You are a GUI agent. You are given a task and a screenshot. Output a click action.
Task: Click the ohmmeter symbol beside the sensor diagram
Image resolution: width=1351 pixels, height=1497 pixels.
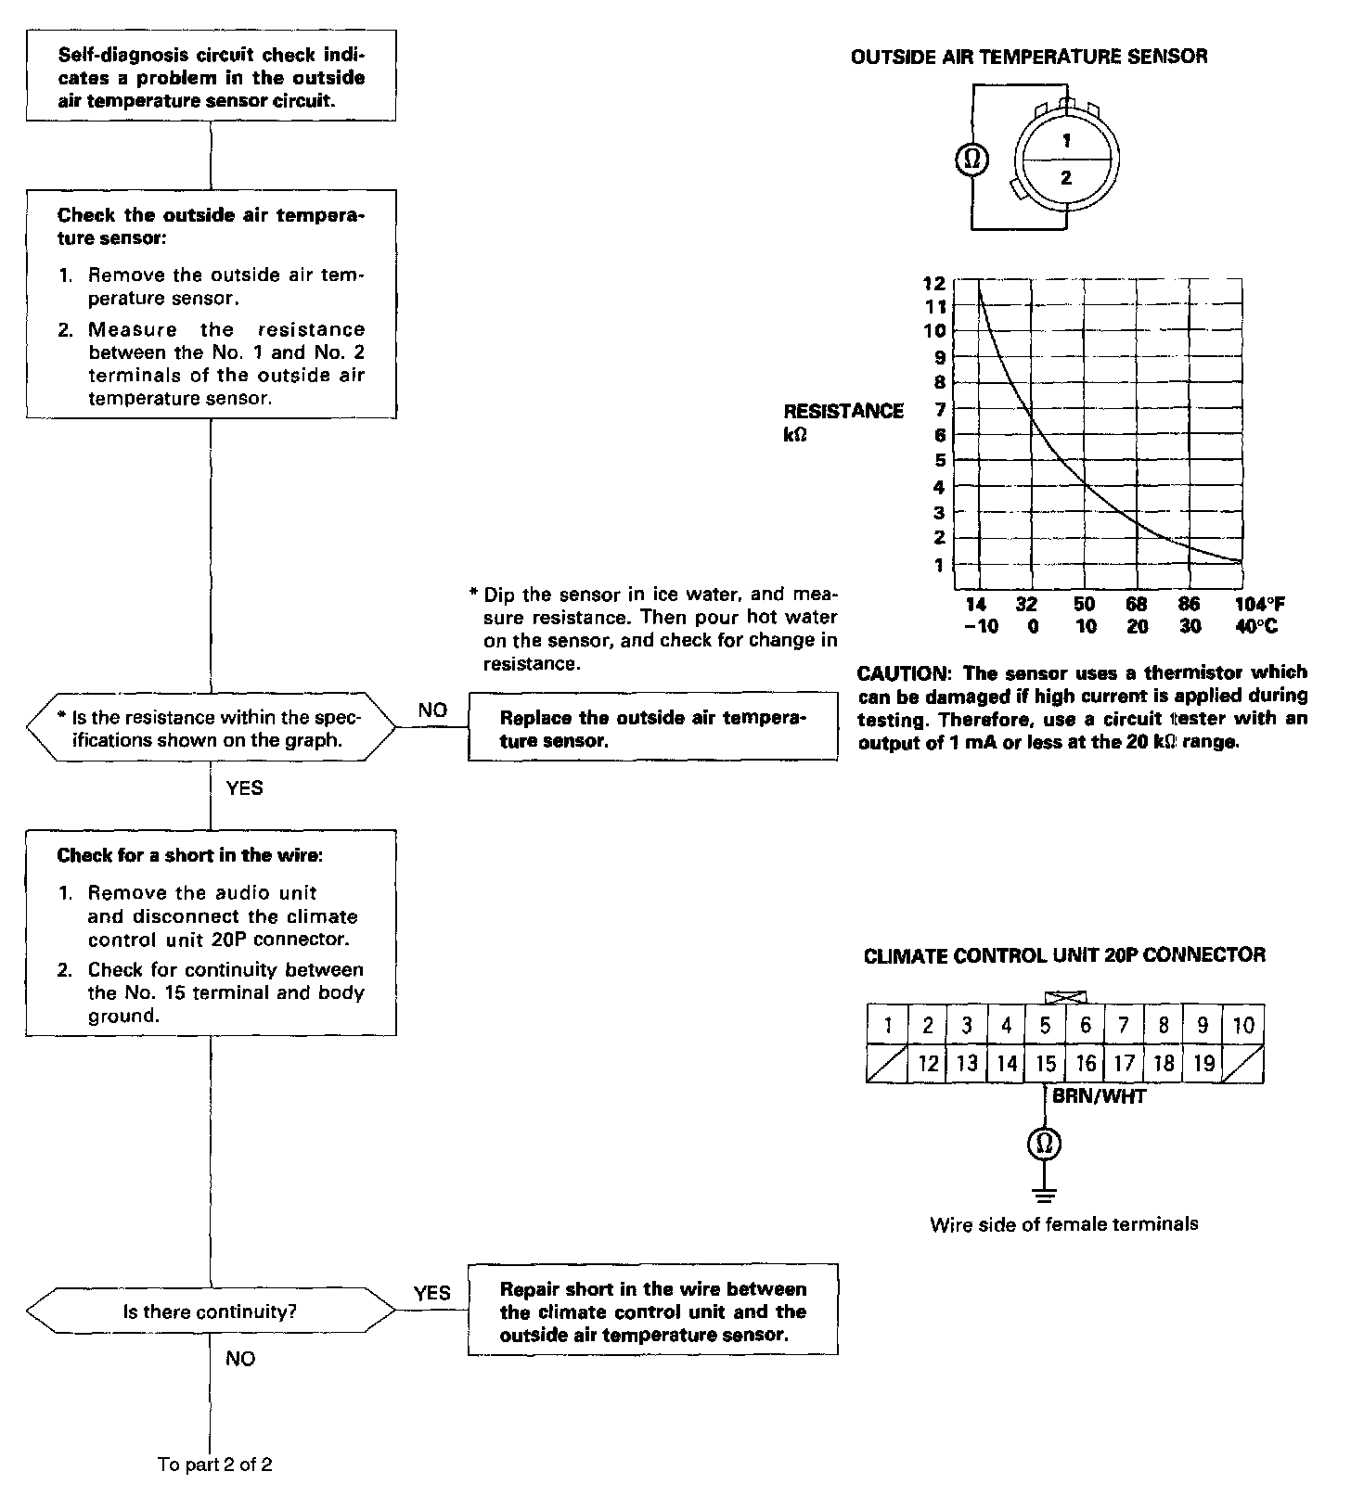[x=972, y=160]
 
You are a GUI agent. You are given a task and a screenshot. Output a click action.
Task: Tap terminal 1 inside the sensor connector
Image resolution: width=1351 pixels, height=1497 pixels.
[x=1066, y=141]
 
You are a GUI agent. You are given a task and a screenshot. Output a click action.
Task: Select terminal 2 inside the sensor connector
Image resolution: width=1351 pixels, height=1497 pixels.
[x=1066, y=178]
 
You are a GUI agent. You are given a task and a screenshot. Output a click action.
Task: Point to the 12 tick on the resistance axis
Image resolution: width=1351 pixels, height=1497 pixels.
[x=934, y=283]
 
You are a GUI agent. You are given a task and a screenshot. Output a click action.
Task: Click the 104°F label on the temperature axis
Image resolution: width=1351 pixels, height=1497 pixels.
[x=1259, y=604]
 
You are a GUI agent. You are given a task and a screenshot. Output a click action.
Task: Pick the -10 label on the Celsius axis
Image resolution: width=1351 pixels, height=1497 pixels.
[x=980, y=626]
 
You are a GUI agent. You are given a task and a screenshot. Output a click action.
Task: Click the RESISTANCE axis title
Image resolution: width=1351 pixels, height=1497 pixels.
[x=843, y=411]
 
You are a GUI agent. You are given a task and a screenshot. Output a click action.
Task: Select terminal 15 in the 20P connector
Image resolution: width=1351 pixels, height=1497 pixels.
[x=1045, y=1064]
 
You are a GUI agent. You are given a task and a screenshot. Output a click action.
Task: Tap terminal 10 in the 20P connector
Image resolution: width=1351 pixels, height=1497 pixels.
[x=1242, y=1025]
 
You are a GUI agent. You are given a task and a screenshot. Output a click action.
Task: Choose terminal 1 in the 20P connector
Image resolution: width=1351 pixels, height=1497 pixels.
[x=888, y=1025]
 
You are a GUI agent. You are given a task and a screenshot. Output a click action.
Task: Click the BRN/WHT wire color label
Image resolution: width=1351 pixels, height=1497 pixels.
[x=1099, y=1096]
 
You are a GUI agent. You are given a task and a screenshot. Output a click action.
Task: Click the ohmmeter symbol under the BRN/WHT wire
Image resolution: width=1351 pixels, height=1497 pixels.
[x=1044, y=1144]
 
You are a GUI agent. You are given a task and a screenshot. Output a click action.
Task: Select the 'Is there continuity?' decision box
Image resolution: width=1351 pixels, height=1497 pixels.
[x=211, y=1311]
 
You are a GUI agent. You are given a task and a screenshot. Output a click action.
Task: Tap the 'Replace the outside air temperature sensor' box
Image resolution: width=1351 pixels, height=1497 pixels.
[x=652, y=728]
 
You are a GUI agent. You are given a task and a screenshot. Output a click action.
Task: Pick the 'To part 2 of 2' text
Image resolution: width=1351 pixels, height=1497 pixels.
[x=214, y=1465]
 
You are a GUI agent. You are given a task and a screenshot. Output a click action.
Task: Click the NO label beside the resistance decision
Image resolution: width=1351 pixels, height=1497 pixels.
[x=432, y=710]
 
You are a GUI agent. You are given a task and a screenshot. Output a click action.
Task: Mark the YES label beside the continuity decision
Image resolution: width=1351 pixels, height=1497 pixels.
[x=431, y=1293]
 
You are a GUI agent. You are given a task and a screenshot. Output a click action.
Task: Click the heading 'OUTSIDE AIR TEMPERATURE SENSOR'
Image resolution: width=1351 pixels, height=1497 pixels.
[x=1029, y=57]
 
